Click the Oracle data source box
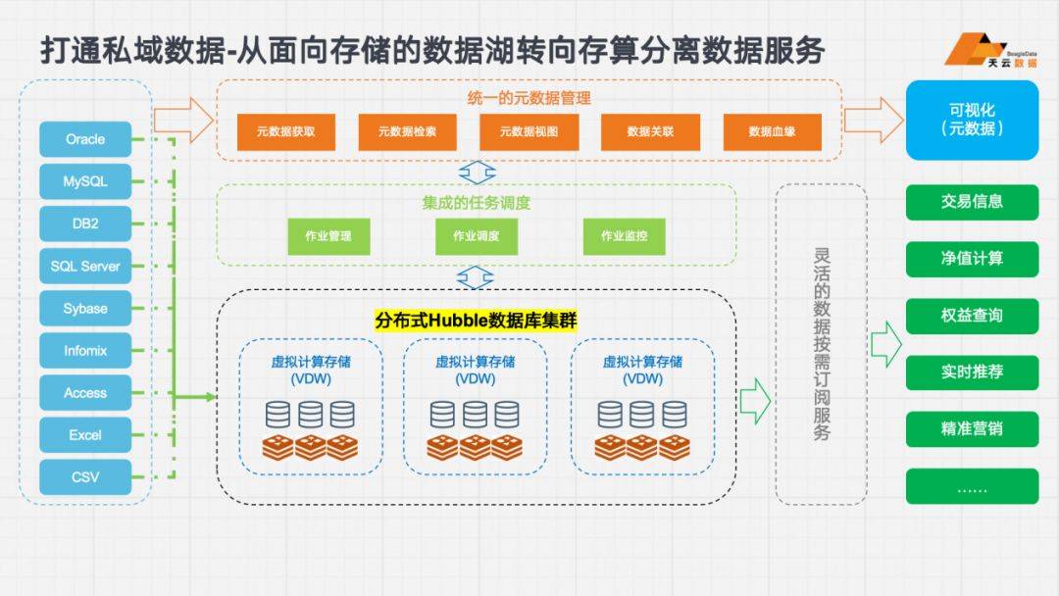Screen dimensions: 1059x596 [85, 139]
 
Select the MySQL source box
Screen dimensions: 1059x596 [85, 181]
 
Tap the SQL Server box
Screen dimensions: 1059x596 [85, 266]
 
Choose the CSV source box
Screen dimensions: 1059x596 [85, 477]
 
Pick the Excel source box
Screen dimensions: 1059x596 [85, 434]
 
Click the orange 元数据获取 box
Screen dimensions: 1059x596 [285, 131]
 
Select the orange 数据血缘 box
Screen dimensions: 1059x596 [772, 131]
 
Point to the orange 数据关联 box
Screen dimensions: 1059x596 [650, 131]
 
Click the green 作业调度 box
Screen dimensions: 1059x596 [477, 236]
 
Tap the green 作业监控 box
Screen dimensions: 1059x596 [624, 236]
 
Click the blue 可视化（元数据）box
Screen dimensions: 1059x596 [972, 121]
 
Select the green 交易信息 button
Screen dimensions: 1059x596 [972, 202]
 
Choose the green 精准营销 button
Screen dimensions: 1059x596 [972, 428]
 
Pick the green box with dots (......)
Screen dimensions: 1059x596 [972, 486]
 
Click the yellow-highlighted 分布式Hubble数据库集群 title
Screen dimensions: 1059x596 [477, 320]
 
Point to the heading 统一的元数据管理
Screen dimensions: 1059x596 [529, 98]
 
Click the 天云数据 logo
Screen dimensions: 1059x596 [990, 49]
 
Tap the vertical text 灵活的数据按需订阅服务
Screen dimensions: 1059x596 [822, 344]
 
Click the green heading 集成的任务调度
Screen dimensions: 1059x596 [477, 203]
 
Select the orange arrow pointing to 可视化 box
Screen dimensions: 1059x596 [874, 121]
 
